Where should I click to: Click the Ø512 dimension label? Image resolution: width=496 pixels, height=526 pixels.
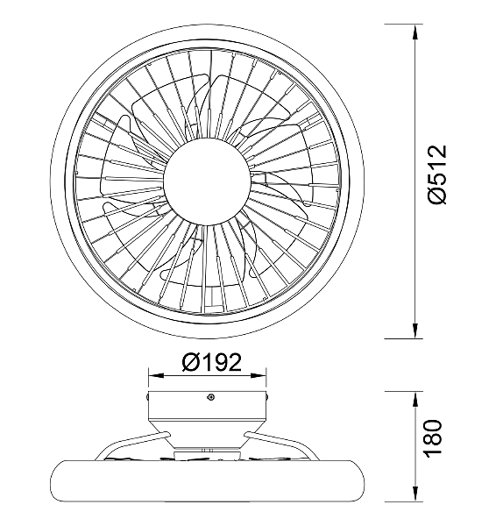[x=437, y=174]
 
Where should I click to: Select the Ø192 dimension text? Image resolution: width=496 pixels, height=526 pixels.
[x=212, y=362]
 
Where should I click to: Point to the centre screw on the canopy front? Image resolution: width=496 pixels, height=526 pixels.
[x=211, y=397]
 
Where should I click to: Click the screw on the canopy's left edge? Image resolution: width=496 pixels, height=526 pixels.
[x=148, y=397]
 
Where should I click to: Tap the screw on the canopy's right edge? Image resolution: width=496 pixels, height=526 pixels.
[x=266, y=397]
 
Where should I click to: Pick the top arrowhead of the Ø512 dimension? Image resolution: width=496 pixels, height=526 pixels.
[x=415, y=32]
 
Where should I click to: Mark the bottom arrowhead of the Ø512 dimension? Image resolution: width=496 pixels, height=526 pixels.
[x=415, y=331]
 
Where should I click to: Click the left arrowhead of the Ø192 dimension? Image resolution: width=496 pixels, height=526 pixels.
[x=156, y=376]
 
